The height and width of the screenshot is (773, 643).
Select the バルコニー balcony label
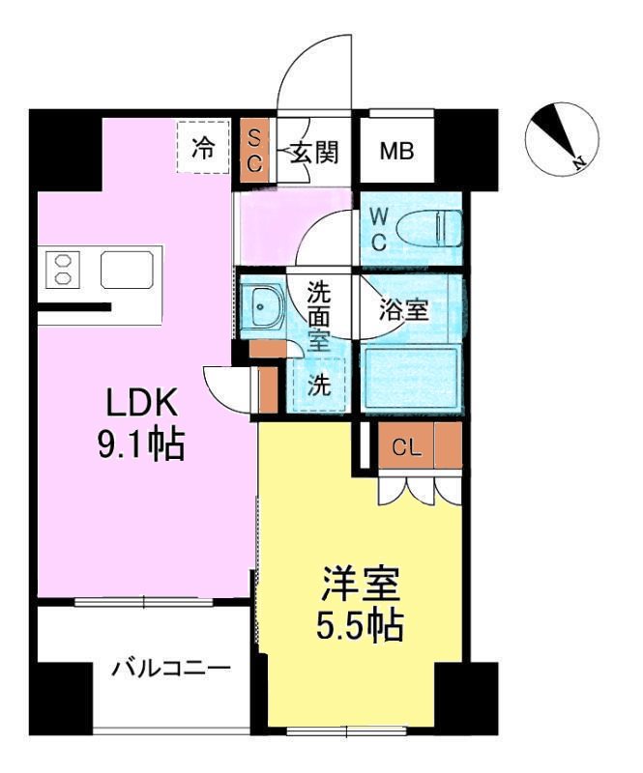(x=170, y=668)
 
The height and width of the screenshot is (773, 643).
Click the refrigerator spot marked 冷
(x=203, y=148)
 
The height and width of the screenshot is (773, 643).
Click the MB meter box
(x=396, y=152)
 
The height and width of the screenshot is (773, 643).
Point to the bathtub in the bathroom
(x=410, y=379)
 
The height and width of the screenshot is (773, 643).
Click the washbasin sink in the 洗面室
(x=264, y=307)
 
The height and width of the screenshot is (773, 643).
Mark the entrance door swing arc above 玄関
(x=311, y=72)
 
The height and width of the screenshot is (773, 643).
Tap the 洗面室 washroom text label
(x=319, y=315)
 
